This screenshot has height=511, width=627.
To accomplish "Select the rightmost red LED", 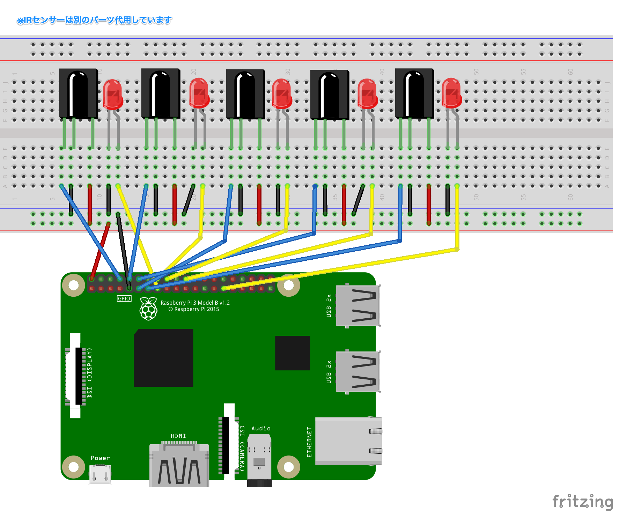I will point(451,93).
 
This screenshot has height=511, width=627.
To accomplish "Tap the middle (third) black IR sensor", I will point(245,94).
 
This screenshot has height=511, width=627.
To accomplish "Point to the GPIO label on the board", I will point(124,298).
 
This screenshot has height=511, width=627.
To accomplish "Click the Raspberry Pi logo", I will point(148,309).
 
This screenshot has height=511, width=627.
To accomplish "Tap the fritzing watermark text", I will point(583,502).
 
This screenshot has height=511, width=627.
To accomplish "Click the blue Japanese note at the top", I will point(94,20).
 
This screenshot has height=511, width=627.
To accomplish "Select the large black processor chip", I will point(163,358).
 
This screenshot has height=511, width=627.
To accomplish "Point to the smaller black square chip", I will point(293,353).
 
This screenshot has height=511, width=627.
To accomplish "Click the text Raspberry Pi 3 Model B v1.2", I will point(195,303).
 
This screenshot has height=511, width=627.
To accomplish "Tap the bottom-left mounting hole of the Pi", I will point(74,467).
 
